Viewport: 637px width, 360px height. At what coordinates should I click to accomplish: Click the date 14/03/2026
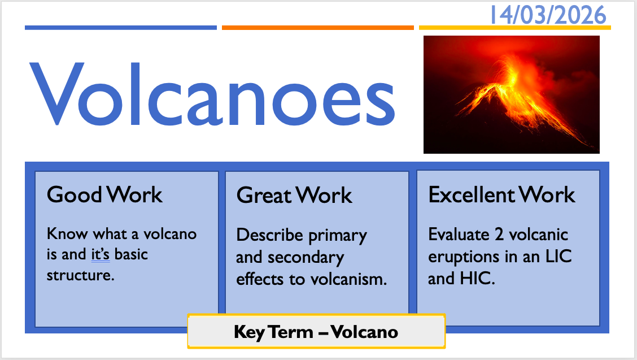548,15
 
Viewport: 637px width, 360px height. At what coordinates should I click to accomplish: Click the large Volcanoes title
212,94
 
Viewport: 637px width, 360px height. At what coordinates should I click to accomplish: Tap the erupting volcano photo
512,94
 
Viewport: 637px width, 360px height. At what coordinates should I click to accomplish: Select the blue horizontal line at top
121,28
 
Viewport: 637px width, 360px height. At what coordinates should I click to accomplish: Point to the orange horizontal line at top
318,28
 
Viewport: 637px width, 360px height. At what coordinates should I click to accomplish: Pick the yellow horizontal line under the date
514,28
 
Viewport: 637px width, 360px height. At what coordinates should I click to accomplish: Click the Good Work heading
104,194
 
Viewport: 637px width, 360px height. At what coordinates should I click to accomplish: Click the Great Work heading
294,195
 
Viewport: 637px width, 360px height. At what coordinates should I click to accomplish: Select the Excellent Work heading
501,194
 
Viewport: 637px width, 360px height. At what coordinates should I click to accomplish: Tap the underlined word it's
101,254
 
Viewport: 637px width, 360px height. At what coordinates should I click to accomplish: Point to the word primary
338,236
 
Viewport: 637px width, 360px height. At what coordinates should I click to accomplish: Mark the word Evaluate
459,235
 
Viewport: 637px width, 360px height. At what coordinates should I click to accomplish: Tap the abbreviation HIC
477,278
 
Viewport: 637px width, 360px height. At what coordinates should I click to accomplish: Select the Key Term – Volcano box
316,332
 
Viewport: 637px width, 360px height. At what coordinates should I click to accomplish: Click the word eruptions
464,257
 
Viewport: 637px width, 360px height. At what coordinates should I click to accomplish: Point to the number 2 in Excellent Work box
499,235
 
